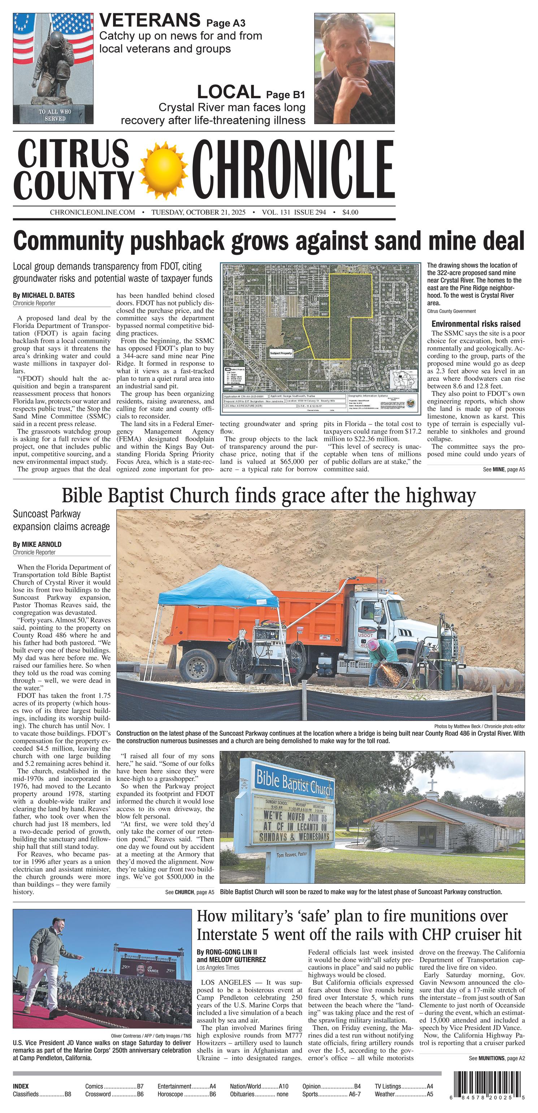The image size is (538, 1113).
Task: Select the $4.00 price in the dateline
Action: coord(350,212)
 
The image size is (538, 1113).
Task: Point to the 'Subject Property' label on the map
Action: coord(281,353)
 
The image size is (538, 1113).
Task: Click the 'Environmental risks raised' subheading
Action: coord(476,324)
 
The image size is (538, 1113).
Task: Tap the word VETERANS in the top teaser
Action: coord(149,20)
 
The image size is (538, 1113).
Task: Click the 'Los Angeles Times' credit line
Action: coord(218,968)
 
